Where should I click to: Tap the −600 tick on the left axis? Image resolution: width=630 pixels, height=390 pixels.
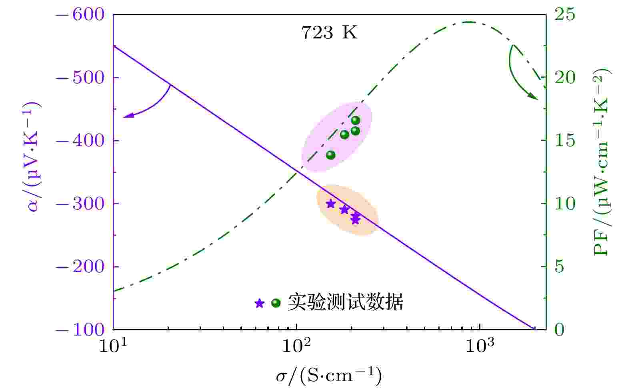point(80,15)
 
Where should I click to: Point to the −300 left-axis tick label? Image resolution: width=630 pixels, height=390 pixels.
point(80,204)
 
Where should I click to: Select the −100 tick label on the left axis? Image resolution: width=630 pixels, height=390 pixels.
point(80,330)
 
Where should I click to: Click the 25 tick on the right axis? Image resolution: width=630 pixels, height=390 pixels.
point(564,15)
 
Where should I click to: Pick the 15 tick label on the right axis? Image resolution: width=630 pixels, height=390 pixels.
point(564,141)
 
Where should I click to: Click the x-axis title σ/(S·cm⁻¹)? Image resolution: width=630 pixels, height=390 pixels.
point(328,376)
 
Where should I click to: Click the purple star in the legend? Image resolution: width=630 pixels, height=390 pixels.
point(260,304)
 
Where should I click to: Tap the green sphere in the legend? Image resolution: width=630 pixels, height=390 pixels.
point(276,303)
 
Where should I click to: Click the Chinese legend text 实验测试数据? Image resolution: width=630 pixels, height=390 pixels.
point(345,302)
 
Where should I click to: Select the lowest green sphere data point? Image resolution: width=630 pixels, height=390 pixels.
point(330,155)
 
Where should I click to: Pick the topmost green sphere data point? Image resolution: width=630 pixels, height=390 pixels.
point(356,120)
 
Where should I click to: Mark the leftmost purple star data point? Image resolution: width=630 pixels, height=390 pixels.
point(330,204)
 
